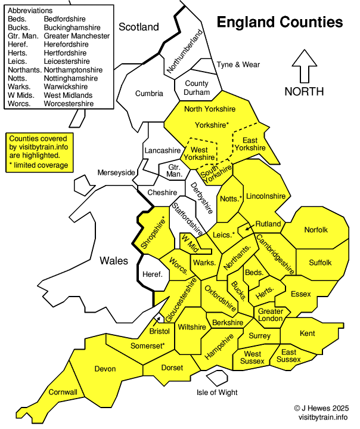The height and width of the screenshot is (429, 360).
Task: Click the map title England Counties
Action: point(280,23)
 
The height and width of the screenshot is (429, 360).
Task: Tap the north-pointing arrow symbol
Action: point(304,66)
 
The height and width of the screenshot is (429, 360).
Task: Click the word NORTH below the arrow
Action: point(304,91)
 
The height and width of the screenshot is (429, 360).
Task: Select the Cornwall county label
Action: point(63,392)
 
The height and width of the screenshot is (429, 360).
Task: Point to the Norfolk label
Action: point(316,230)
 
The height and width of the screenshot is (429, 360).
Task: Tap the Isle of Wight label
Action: point(217,392)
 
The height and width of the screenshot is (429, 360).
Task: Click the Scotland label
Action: point(139,27)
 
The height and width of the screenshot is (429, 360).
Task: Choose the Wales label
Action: point(113,260)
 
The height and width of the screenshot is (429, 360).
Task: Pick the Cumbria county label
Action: point(148,93)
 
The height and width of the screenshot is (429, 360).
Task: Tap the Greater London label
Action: point(270,314)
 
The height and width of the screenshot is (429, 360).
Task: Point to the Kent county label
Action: point(308,333)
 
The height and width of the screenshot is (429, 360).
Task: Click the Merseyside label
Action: point(117,172)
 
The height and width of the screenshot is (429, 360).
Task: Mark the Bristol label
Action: point(160,331)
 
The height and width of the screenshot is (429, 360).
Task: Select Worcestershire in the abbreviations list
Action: point(69,103)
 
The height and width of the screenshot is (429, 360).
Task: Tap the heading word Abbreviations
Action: point(30,11)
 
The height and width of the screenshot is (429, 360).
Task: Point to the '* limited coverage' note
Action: point(39,165)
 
